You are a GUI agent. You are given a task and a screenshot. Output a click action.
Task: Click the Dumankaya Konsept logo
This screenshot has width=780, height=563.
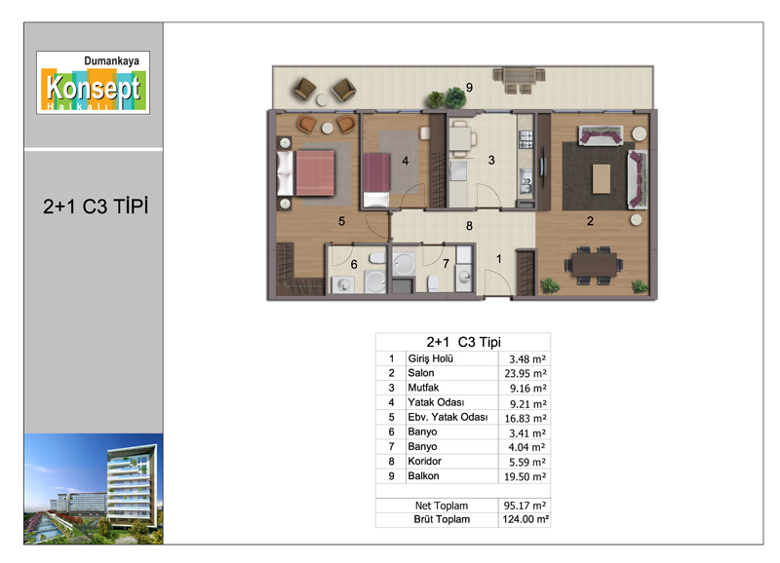coord(93,83)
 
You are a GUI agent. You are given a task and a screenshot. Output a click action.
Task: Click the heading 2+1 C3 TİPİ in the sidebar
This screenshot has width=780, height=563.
coord(96,206)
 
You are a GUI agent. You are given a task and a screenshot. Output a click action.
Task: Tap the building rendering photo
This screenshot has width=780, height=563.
coord(94,488)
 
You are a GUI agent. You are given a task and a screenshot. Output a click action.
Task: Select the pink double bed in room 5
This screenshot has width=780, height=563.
coord(306,173)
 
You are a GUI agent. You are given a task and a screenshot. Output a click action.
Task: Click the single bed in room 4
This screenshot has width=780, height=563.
coord(376,179)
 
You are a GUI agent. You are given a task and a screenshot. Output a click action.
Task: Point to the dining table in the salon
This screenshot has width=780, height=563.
coord(594,265)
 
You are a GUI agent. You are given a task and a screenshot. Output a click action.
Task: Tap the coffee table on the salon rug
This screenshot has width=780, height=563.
coord(602,179)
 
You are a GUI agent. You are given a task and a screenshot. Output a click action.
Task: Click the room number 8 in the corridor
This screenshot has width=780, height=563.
coord(469,226)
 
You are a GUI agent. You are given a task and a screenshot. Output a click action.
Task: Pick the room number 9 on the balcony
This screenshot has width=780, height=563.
coord(469,88)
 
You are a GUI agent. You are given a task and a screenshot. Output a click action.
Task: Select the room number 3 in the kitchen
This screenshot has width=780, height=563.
coord(491,160)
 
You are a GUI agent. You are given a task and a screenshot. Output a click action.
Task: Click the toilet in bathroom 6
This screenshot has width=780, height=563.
coord(377,258)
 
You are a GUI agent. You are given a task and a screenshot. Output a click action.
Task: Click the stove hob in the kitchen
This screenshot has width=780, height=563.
coord(526,139)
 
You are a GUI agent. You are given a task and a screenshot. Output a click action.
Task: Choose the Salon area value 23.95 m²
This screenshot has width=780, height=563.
coord(526,373)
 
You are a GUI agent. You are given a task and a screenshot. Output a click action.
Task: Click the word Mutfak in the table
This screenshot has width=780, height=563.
coord(423,388)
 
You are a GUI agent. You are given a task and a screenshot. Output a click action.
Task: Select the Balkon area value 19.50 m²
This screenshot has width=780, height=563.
coord(526,476)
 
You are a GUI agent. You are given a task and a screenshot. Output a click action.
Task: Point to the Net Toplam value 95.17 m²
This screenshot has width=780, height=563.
coord(525,506)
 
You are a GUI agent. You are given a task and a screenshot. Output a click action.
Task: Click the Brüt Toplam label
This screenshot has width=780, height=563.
coord(442,519)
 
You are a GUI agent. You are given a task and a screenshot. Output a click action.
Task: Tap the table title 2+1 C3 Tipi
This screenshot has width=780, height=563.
coord(464,342)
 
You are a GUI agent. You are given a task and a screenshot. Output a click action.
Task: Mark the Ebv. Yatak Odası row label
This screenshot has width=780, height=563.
coord(448,417)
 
